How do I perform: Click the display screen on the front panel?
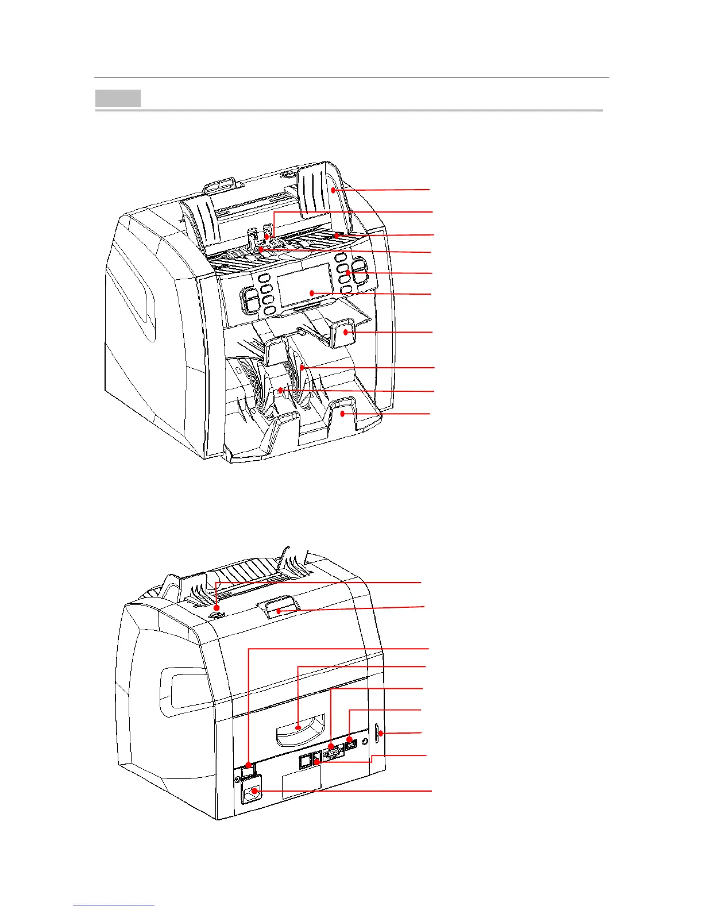pyautogui.click(x=303, y=286)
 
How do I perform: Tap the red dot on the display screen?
pyautogui.click(x=311, y=293)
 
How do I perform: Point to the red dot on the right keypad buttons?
pyautogui.click(x=348, y=272)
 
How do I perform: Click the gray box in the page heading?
pyautogui.click(x=118, y=98)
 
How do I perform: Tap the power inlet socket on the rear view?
pyautogui.click(x=253, y=792)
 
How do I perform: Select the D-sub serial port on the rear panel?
pyautogui.click(x=333, y=751)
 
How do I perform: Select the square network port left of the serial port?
pyautogui.click(x=305, y=761)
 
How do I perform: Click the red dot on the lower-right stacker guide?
pyautogui.click(x=342, y=413)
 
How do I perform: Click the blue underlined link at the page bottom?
pyautogui.click(x=114, y=905)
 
